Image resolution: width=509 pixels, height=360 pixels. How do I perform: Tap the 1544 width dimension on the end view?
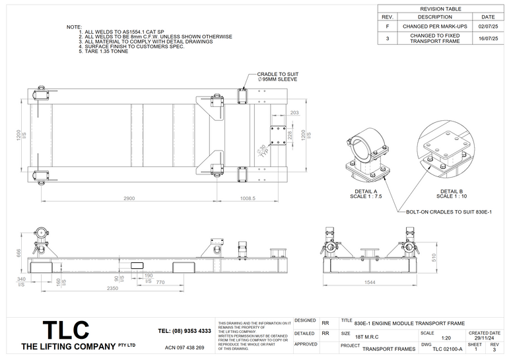[369, 282]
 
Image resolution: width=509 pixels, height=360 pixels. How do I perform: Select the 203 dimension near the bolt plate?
[294, 113]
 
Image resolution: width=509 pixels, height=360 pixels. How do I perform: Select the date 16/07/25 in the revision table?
[487, 39]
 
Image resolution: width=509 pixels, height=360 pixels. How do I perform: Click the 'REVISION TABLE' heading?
[442, 9]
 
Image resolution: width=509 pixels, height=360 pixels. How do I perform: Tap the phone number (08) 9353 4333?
[185, 331]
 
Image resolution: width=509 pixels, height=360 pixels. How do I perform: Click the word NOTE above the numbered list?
[74, 27]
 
